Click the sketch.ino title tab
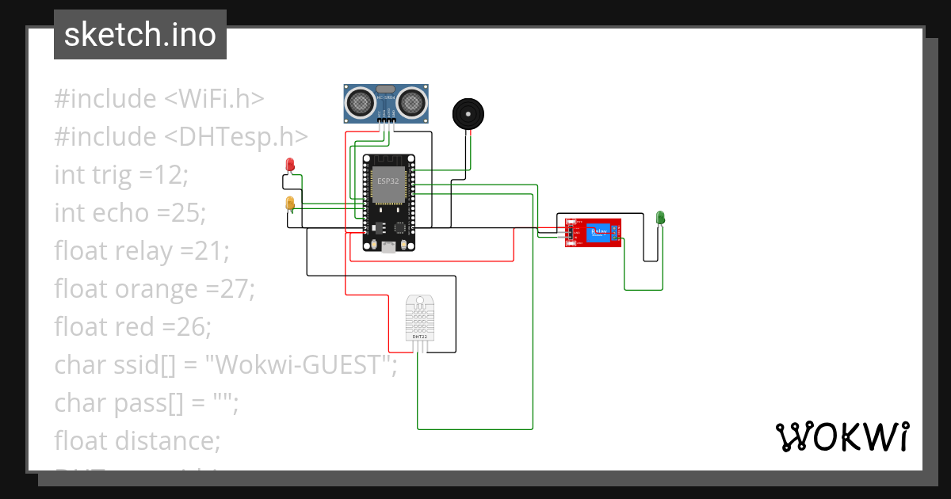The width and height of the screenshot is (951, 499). [140, 35]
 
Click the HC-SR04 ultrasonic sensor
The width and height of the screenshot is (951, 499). [386, 103]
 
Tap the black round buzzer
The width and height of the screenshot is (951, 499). [468, 114]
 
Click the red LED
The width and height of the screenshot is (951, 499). [290, 164]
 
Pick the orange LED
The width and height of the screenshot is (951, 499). [290, 204]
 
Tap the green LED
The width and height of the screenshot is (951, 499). [660, 217]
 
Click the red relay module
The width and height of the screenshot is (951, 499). [592, 232]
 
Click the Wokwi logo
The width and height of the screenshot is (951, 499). [842, 436]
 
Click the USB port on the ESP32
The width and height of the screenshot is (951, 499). [388, 247]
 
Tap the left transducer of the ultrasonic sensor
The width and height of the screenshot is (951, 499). [361, 101]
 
